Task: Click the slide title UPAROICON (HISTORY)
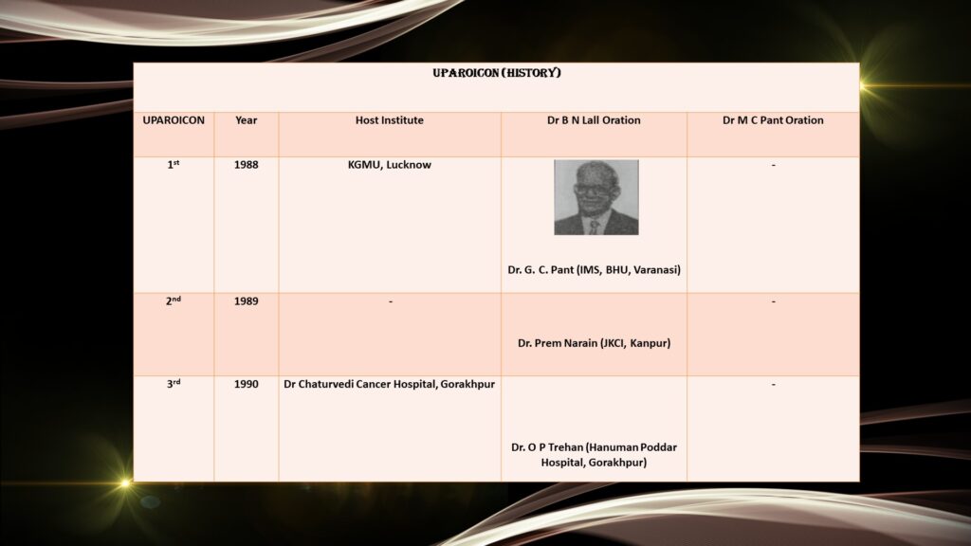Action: [497, 73]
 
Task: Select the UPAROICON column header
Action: [174, 120]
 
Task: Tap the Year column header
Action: [246, 120]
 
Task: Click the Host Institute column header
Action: [390, 120]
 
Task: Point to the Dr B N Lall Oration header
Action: [594, 120]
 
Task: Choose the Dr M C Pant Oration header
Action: [773, 120]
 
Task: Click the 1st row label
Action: [174, 165]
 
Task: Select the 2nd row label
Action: [174, 300]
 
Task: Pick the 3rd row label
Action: [174, 384]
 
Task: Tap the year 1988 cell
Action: [246, 165]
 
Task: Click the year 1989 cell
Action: [246, 300]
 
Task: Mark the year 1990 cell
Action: [246, 384]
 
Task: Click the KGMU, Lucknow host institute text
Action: [390, 165]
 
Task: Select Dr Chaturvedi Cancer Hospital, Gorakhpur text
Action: [390, 384]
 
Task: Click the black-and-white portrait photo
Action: [596, 197]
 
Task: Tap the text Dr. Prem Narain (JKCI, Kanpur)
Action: [594, 343]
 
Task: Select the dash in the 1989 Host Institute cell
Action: [390, 301]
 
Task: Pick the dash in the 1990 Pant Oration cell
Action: [774, 385]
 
